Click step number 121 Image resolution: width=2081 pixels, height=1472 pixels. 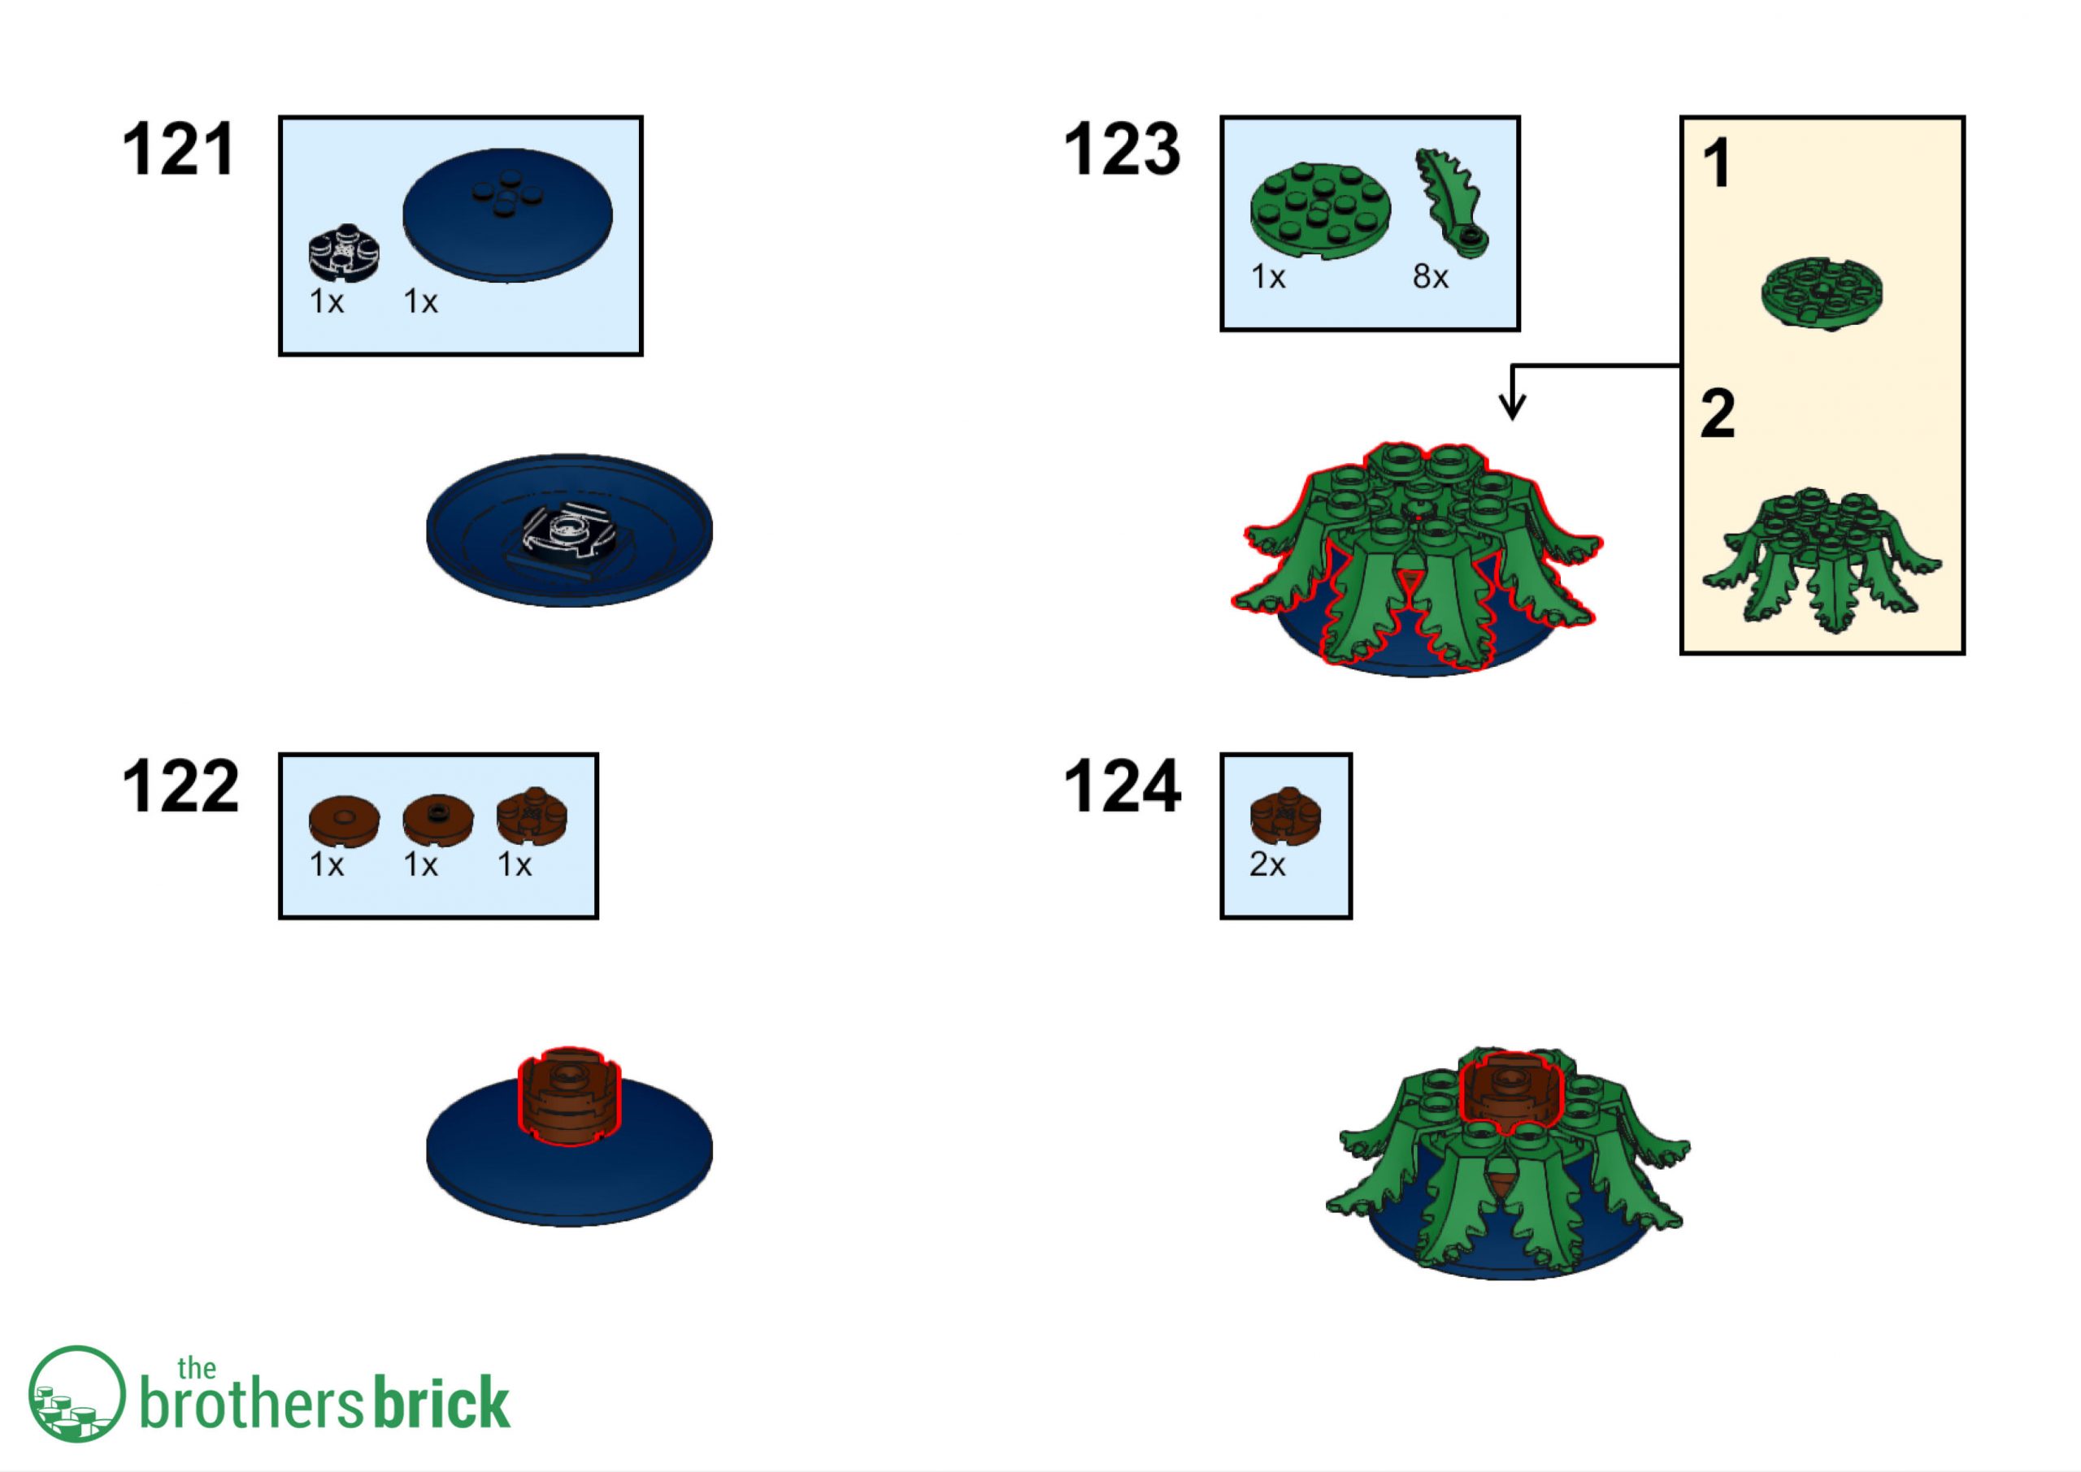pyautogui.click(x=179, y=149)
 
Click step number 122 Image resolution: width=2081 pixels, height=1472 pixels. pyautogui.click(x=180, y=786)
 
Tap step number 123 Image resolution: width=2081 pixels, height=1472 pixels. pyautogui.click(x=1122, y=149)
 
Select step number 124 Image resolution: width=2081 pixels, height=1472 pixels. pyautogui.click(x=1123, y=786)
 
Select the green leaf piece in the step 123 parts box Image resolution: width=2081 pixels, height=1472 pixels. pyautogui.click(x=1452, y=203)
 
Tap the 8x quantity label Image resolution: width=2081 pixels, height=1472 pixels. pyautogui.click(x=1430, y=276)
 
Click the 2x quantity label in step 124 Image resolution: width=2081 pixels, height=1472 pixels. pyautogui.click(x=1266, y=864)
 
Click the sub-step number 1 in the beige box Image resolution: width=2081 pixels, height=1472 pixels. pyautogui.click(x=1715, y=164)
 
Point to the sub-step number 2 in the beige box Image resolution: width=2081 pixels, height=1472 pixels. pyautogui.click(x=1718, y=414)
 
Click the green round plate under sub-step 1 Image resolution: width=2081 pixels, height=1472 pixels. pyautogui.click(x=1822, y=292)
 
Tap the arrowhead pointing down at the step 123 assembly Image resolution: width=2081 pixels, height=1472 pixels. pyautogui.click(x=1511, y=407)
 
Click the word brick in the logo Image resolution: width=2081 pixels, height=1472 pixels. pyautogui.click(x=441, y=1404)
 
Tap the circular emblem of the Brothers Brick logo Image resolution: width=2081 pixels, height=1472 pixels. pyautogui.click(x=76, y=1394)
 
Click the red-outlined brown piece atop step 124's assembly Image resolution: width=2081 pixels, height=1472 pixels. pyautogui.click(x=1510, y=1092)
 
